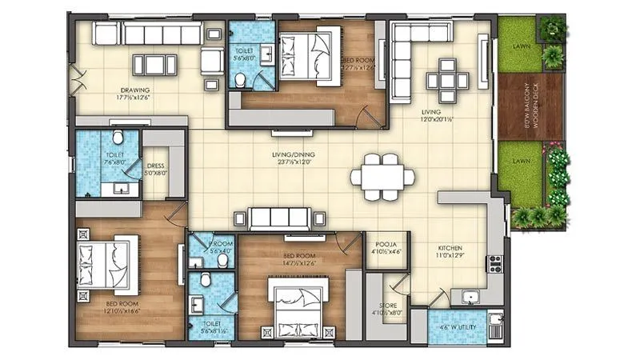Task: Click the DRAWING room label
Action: pos(136,90)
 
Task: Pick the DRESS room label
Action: pos(156,167)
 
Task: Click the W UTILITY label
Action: pos(458,326)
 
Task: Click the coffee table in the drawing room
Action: pos(153,64)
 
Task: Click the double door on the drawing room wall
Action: pos(78,78)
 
